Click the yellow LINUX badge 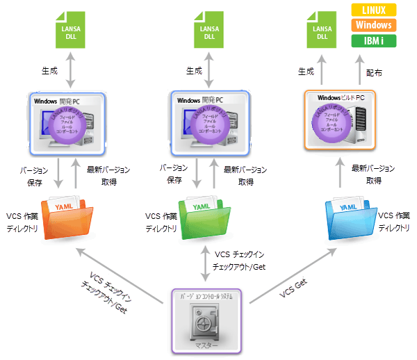click(374, 9)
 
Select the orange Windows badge click(374, 25)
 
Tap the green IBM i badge click(374, 40)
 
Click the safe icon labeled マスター click(206, 319)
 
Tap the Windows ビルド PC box click(340, 120)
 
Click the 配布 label click(373, 72)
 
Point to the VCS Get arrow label click(295, 286)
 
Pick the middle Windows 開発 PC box click(206, 123)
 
